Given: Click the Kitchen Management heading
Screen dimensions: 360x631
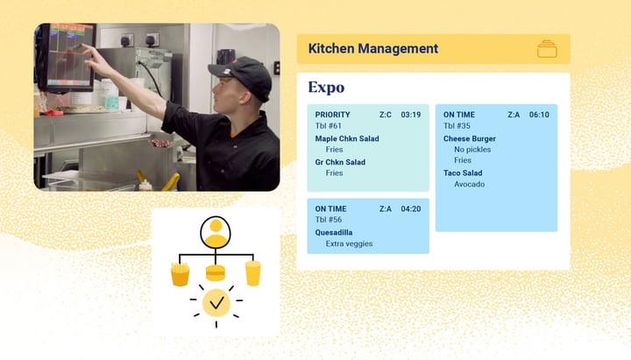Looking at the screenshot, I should (x=372, y=49).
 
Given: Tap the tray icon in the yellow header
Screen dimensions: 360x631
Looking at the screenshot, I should (x=547, y=49).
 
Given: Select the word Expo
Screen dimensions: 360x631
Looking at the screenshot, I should (x=326, y=88).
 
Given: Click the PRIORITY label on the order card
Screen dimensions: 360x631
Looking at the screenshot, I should (x=332, y=115).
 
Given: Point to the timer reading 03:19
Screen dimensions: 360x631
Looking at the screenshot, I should (x=411, y=115).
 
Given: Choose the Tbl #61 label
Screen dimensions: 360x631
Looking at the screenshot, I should (x=329, y=126).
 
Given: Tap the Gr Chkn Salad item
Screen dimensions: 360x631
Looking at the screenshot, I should (x=340, y=162).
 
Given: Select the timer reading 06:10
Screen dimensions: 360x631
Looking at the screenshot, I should (x=539, y=115).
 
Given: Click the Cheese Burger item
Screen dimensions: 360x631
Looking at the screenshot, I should (x=469, y=138).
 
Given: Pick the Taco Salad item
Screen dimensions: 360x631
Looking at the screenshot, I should (x=462, y=173).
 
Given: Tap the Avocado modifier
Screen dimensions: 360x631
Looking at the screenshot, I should (x=469, y=185).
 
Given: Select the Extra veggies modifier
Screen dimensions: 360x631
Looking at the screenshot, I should (x=349, y=244).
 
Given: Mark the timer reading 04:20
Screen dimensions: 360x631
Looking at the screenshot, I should (x=411, y=208).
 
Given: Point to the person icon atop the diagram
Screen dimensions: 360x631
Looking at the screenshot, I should (x=216, y=233).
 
